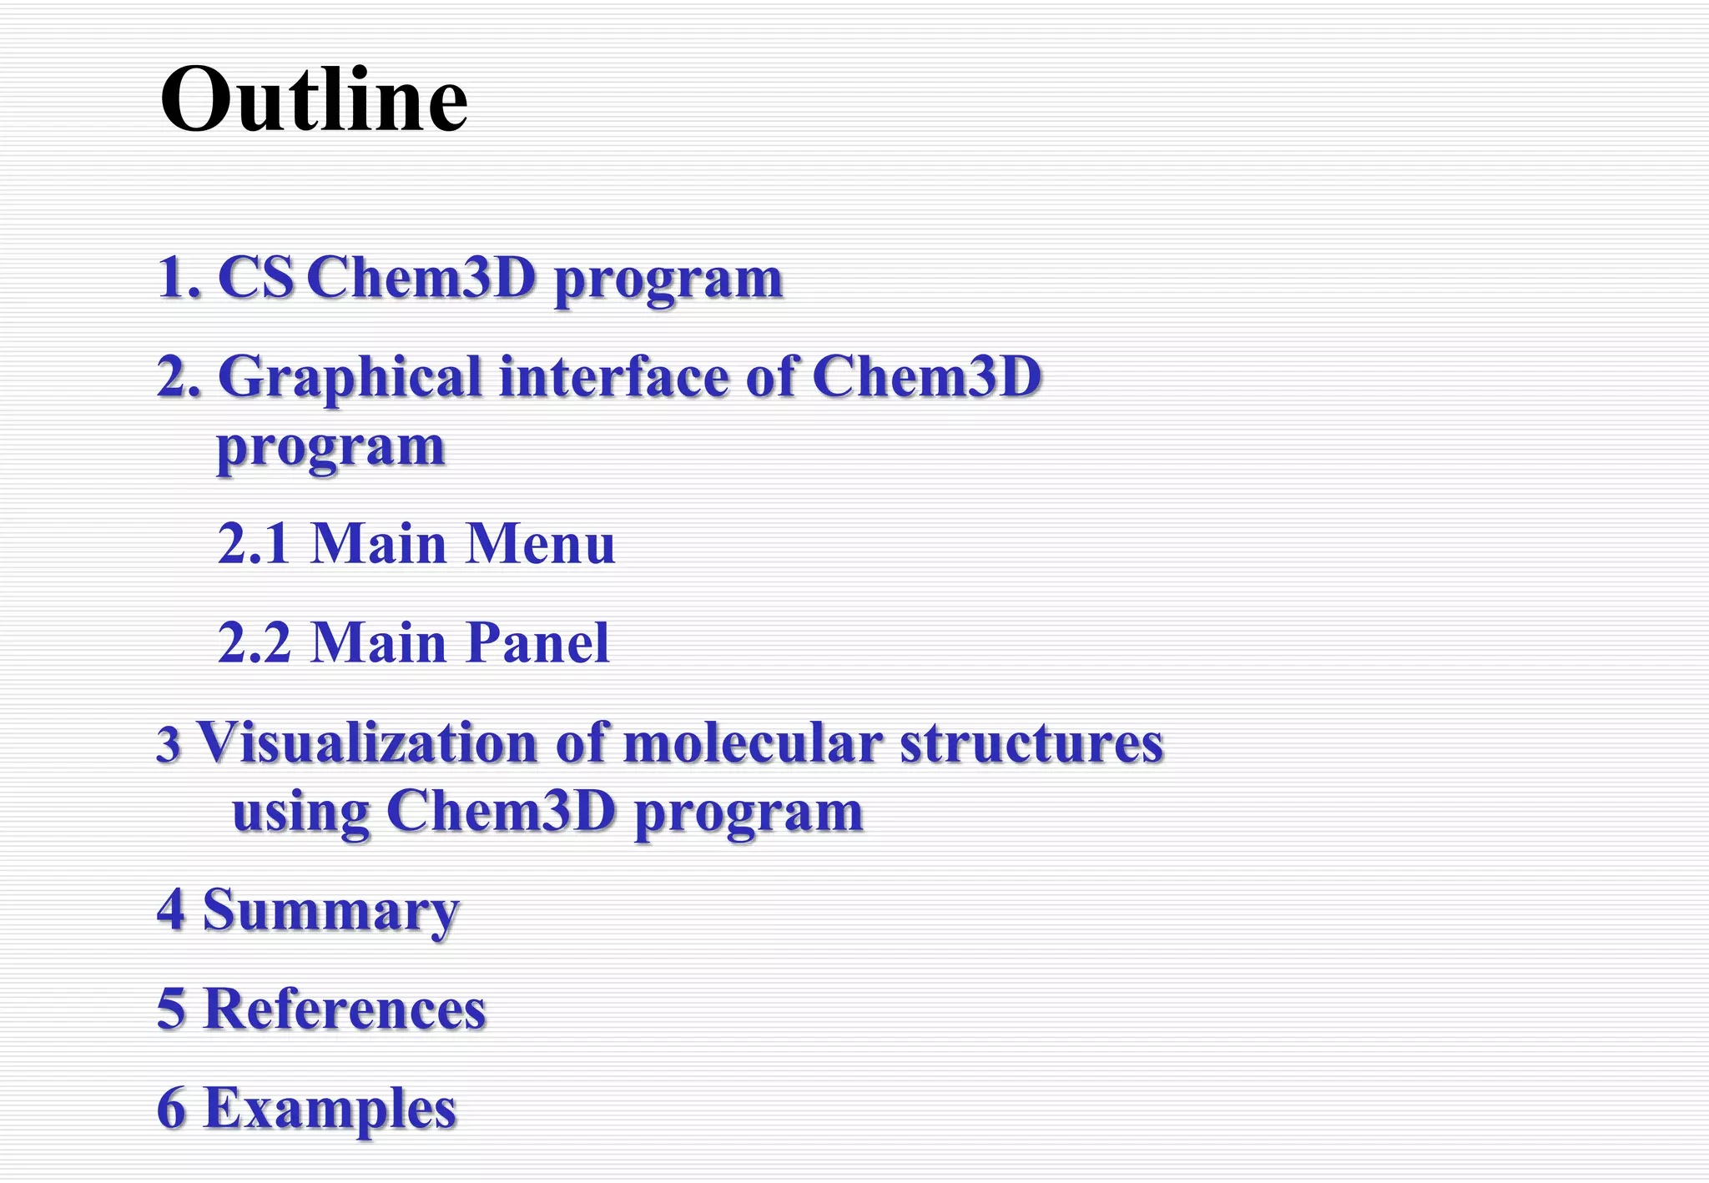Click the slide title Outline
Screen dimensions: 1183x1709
click(x=314, y=100)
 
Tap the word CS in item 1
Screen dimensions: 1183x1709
click(x=255, y=278)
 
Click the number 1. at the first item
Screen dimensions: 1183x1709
click(x=179, y=278)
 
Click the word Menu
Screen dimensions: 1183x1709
click(x=540, y=544)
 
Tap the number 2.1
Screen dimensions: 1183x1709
click(x=254, y=544)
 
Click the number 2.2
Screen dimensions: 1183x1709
click(x=254, y=643)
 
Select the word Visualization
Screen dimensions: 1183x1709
click(x=367, y=743)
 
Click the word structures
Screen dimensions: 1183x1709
click(x=1031, y=743)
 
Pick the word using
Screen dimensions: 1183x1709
click(x=300, y=813)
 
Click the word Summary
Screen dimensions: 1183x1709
click(x=330, y=911)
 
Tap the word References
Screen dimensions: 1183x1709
click(x=345, y=1009)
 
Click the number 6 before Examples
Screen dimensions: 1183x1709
click(x=171, y=1108)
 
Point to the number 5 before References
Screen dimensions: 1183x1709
click(x=171, y=1009)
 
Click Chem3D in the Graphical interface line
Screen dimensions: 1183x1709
click(x=926, y=377)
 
